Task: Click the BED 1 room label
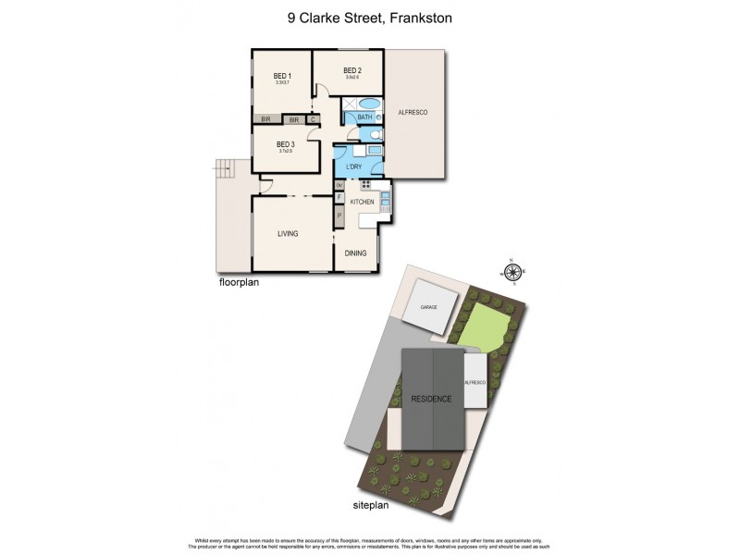click(282, 76)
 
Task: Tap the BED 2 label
click(351, 70)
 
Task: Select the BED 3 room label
click(285, 144)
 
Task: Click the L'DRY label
click(352, 166)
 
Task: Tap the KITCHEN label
click(362, 202)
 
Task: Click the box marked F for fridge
click(339, 197)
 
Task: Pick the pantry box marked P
click(339, 216)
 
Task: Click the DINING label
click(355, 253)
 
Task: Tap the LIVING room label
click(288, 234)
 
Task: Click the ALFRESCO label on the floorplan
click(413, 112)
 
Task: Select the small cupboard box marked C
click(313, 119)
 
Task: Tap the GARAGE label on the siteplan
click(428, 305)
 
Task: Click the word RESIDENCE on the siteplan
click(433, 399)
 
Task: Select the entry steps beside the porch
click(222, 167)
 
